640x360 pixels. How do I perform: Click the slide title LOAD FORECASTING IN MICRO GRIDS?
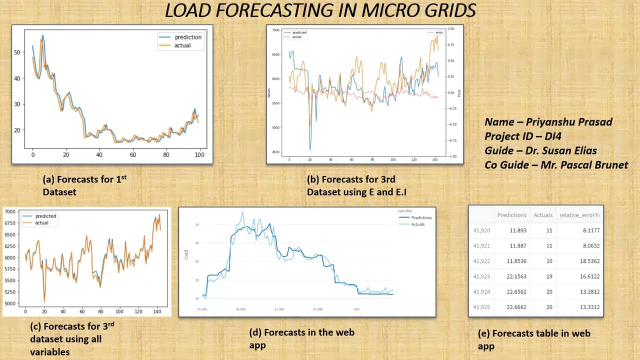[x=320, y=11]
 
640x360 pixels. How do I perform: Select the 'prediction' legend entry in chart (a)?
[x=187, y=37]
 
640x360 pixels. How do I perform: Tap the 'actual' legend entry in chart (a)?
[x=182, y=45]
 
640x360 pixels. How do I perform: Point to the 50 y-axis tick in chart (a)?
[x=17, y=52]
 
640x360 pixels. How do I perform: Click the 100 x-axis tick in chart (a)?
[x=199, y=155]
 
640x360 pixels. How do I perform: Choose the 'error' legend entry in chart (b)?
[x=439, y=33]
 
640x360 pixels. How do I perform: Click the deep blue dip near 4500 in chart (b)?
[x=310, y=149]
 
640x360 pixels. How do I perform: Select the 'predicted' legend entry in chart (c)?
[x=45, y=216]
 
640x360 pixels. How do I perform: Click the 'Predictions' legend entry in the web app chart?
[x=421, y=217]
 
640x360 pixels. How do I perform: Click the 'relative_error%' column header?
[x=579, y=215]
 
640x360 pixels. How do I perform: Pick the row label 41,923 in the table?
[x=481, y=276]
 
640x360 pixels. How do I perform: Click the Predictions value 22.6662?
[x=515, y=307]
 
